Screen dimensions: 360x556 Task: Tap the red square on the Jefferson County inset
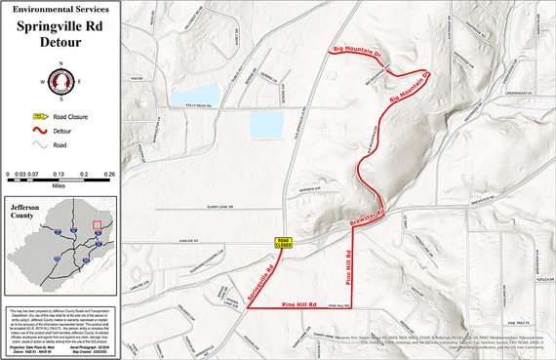[x=97, y=226]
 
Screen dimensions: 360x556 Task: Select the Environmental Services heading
[x=59, y=9]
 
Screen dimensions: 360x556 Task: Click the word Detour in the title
[x=59, y=44]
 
